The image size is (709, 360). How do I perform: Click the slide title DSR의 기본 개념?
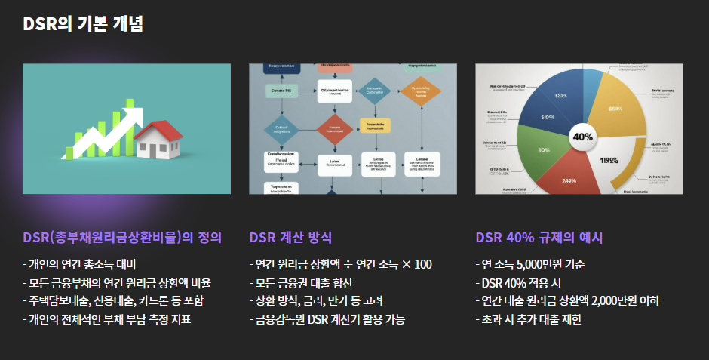(83, 23)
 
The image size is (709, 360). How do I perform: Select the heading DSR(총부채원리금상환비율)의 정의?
(122, 238)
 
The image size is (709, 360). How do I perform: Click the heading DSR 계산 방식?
(290, 238)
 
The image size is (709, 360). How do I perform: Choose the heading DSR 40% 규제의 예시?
(539, 238)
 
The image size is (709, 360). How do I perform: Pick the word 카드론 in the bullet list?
(150, 300)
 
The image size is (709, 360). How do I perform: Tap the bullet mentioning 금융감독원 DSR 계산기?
(327, 319)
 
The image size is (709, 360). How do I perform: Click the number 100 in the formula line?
(422, 264)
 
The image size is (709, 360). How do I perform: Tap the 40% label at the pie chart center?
(583, 137)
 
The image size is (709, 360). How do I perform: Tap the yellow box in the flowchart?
(375, 125)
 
